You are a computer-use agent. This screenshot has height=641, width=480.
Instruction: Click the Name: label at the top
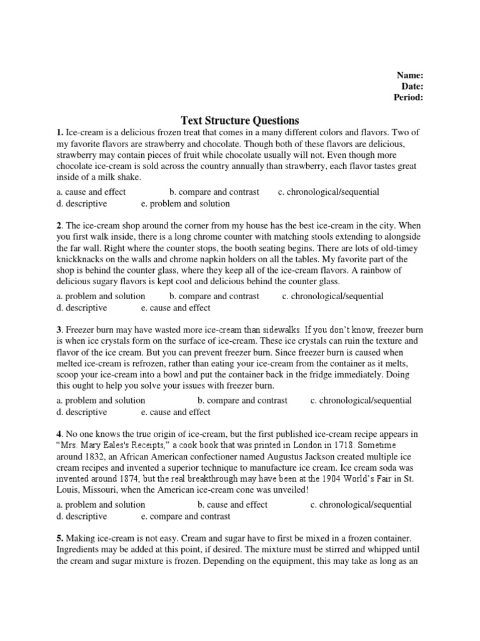(x=411, y=75)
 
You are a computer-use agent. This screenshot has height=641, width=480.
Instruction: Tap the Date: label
(x=412, y=86)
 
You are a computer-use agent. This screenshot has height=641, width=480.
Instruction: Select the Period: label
(x=408, y=98)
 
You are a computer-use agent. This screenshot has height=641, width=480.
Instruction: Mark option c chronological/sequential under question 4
(x=361, y=505)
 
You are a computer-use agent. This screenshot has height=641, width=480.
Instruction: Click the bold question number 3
(x=59, y=329)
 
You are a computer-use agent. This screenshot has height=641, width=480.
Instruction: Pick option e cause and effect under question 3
(x=176, y=412)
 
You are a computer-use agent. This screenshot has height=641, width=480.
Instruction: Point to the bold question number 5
(x=59, y=538)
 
